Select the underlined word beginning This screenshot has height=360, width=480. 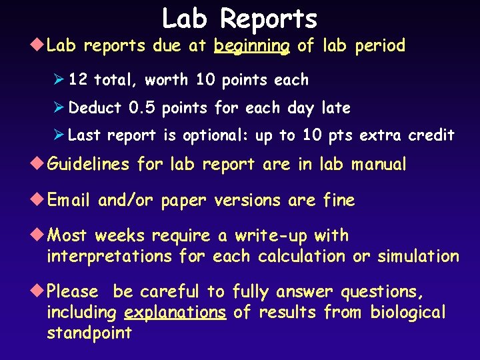pos(251,46)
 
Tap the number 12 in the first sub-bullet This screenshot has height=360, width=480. pos(78,80)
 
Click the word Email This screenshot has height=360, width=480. pos(70,201)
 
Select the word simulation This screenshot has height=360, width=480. pos(418,257)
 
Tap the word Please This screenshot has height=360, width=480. pos(73,292)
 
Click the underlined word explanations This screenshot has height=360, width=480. pos(175,313)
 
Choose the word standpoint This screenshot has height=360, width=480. pos(89,333)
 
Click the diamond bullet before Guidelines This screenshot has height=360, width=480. pos(40,164)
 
